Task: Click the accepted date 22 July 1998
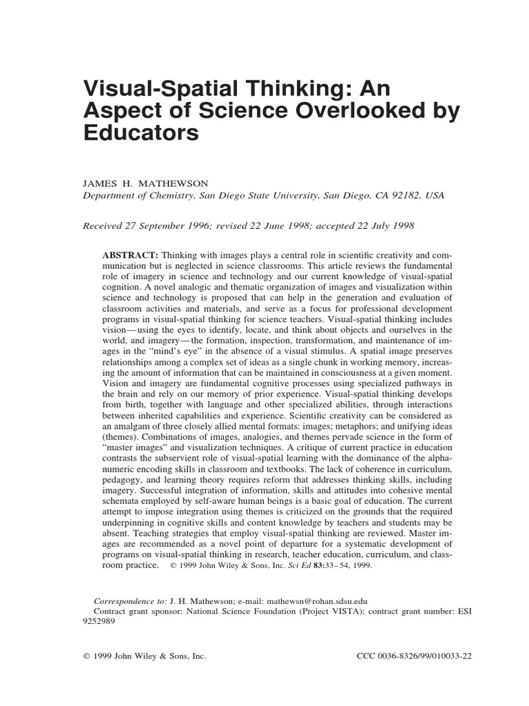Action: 377,225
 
